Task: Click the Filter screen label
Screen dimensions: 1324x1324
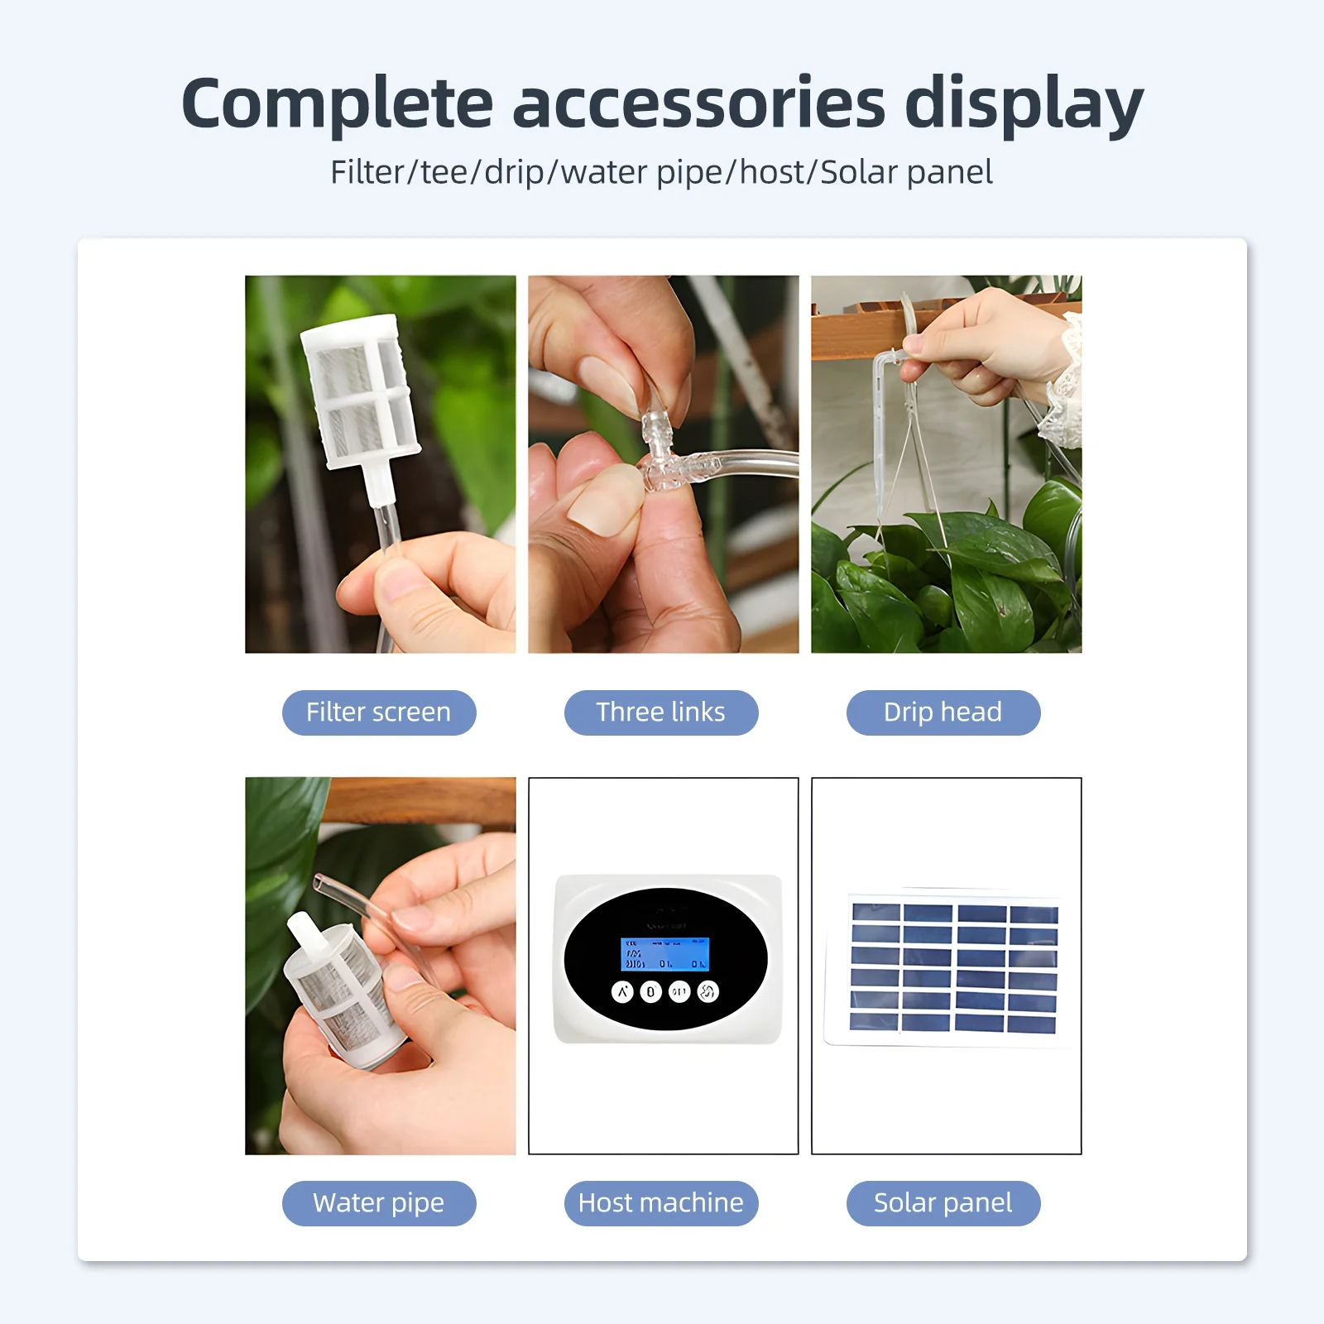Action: point(379,712)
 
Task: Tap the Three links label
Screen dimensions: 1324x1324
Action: point(661,712)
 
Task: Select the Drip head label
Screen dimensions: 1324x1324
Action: point(943,712)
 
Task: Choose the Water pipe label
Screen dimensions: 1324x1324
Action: point(379,1203)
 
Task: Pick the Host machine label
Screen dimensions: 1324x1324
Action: point(661,1203)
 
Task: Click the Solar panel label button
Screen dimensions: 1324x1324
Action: point(943,1203)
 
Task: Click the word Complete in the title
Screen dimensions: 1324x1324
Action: point(337,104)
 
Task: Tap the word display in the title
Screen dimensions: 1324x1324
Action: point(1024,104)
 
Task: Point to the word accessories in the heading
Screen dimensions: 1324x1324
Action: point(699,104)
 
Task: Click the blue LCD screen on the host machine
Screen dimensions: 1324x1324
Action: point(665,954)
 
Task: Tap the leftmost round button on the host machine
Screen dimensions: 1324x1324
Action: point(622,991)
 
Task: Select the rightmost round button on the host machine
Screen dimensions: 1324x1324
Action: point(708,991)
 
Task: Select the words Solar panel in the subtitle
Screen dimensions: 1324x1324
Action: point(906,172)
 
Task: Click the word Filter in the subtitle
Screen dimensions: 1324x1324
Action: point(365,172)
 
